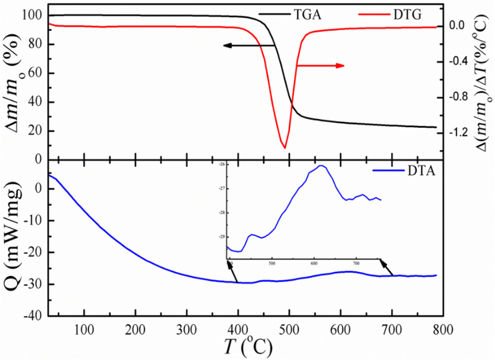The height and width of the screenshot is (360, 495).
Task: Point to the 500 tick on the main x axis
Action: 289,328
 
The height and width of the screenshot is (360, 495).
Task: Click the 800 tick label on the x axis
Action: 442,328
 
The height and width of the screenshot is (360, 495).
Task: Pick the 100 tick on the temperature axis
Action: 84,328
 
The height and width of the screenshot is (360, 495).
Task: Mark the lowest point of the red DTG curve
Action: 285,148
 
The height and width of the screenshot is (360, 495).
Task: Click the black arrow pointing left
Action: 249,45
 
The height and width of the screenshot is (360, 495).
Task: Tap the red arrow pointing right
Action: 320,65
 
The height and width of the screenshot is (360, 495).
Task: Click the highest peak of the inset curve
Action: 321,166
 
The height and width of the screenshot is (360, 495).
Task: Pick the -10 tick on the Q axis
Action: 33,221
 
